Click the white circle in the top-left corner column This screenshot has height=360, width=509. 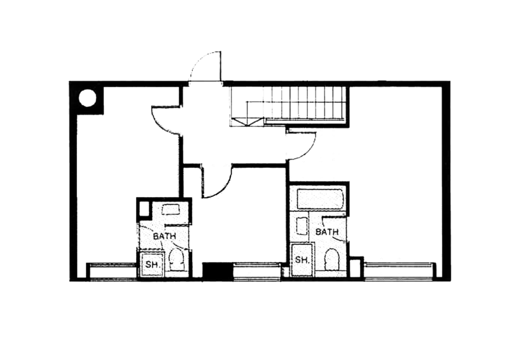(x=88, y=98)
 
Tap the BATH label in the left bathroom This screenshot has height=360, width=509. (x=164, y=236)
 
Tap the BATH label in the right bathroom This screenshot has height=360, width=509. (x=327, y=232)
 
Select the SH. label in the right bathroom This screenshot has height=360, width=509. (x=302, y=260)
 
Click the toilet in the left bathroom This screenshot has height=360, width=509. (x=177, y=259)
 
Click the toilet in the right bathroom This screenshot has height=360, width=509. (x=331, y=259)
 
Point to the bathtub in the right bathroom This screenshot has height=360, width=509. (x=321, y=198)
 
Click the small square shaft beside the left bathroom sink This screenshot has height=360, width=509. (x=144, y=209)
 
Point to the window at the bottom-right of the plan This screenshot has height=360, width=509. (x=400, y=270)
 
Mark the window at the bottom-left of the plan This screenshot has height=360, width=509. (x=113, y=270)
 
